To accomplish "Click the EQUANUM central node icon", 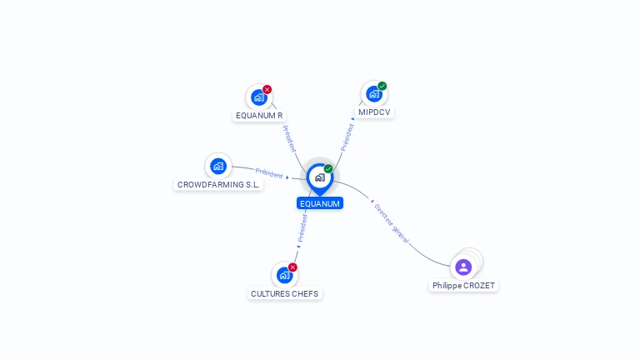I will [319, 177].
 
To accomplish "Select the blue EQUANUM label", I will [320, 203].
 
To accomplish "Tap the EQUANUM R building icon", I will [258, 97].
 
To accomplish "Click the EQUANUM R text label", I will [259, 116].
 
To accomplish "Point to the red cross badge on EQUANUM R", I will [267, 89].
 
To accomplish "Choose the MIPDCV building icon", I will [373, 94].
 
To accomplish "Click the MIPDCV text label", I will [374, 112].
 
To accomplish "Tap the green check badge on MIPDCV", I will [382, 86].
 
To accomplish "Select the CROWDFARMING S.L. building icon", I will [218, 166].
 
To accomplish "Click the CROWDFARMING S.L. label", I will [218, 184].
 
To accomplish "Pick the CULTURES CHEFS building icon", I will [284, 275].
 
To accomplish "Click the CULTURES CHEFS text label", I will [285, 293].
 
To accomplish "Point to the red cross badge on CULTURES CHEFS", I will [292, 267].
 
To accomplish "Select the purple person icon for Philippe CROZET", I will [463, 267].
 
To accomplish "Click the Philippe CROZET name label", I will [463, 286].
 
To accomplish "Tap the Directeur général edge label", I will [392, 222].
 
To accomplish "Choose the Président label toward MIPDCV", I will [347, 137].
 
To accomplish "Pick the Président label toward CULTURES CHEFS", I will [302, 227].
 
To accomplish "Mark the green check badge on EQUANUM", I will [328, 168].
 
